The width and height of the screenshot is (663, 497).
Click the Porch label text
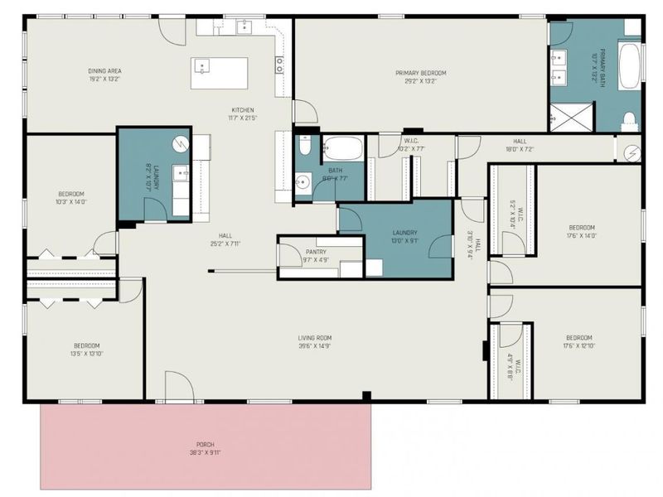[x=205, y=445]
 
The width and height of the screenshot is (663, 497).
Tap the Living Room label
[x=315, y=338]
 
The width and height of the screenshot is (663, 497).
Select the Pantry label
[x=316, y=252]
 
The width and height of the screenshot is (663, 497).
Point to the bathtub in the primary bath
[x=631, y=66]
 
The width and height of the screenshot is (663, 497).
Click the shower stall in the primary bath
[x=571, y=117]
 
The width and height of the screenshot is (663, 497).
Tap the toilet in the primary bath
[x=630, y=119]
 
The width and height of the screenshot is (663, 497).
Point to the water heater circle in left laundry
[x=178, y=143]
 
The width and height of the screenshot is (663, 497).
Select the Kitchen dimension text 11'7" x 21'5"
[x=242, y=118]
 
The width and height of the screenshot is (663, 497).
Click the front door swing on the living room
[x=177, y=388]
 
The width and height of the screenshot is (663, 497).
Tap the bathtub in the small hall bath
[x=342, y=150]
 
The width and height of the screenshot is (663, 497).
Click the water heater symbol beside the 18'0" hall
[x=632, y=152]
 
